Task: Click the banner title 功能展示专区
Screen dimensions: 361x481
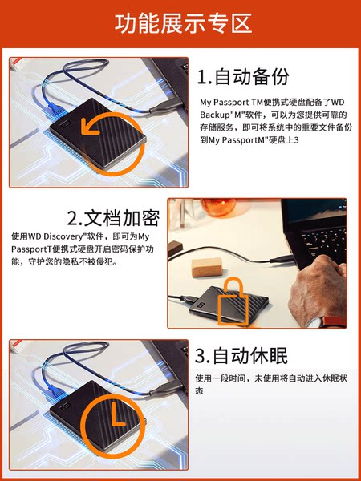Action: (183, 23)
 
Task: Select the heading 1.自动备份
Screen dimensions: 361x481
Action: (243, 77)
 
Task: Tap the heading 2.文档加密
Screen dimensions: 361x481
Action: (113, 218)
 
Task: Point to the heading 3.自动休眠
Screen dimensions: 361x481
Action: (241, 356)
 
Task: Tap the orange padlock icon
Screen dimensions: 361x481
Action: (233, 301)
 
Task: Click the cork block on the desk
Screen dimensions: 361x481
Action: (207, 267)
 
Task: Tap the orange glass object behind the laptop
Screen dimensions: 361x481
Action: (218, 207)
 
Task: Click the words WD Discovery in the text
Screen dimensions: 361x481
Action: (56, 236)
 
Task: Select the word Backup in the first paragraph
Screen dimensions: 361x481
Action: (213, 115)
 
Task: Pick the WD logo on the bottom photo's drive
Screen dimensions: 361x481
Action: (66, 406)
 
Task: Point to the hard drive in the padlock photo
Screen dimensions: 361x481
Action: (229, 305)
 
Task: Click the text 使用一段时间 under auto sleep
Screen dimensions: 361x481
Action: (220, 378)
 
